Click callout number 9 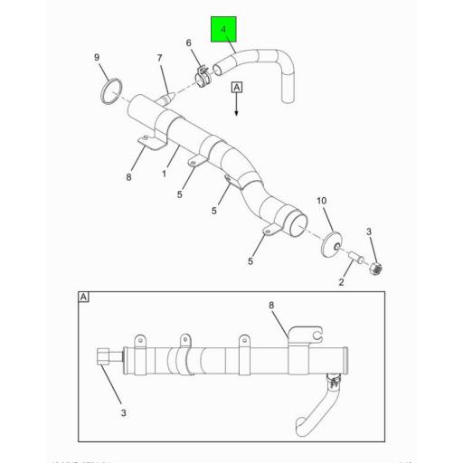tap(98, 59)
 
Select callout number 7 tap(159, 60)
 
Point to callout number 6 tap(189, 43)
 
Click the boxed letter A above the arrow tap(237, 88)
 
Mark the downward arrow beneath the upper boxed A tap(237, 107)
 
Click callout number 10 tap(321, 200)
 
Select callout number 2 tap(341, 282)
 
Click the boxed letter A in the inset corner tap(84, 297)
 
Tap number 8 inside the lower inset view tap(270, 305)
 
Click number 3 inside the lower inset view tap(124, 412)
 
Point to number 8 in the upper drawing tap(128, 177)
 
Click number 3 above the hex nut tap(369, 232)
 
